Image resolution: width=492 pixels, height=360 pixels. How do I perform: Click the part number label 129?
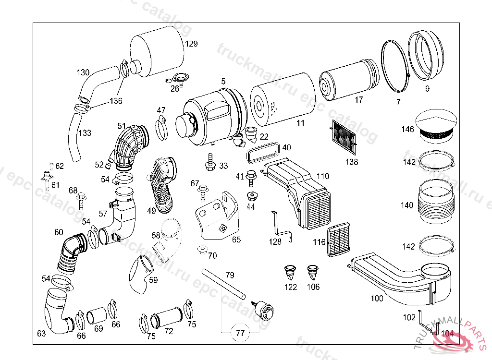(x=192, y=44)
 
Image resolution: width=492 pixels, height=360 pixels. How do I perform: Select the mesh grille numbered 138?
(x=344, y=136)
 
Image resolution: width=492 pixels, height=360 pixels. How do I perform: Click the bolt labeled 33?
(x=210, y=162)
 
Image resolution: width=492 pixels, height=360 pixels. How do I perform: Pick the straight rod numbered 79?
(x=224, y=284)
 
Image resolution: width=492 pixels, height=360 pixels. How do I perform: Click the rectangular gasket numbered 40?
(x=263, y=153)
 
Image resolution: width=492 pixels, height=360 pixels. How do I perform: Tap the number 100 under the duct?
(x=377, y=299)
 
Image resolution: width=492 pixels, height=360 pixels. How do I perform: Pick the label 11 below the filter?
(x=300, y=123)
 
